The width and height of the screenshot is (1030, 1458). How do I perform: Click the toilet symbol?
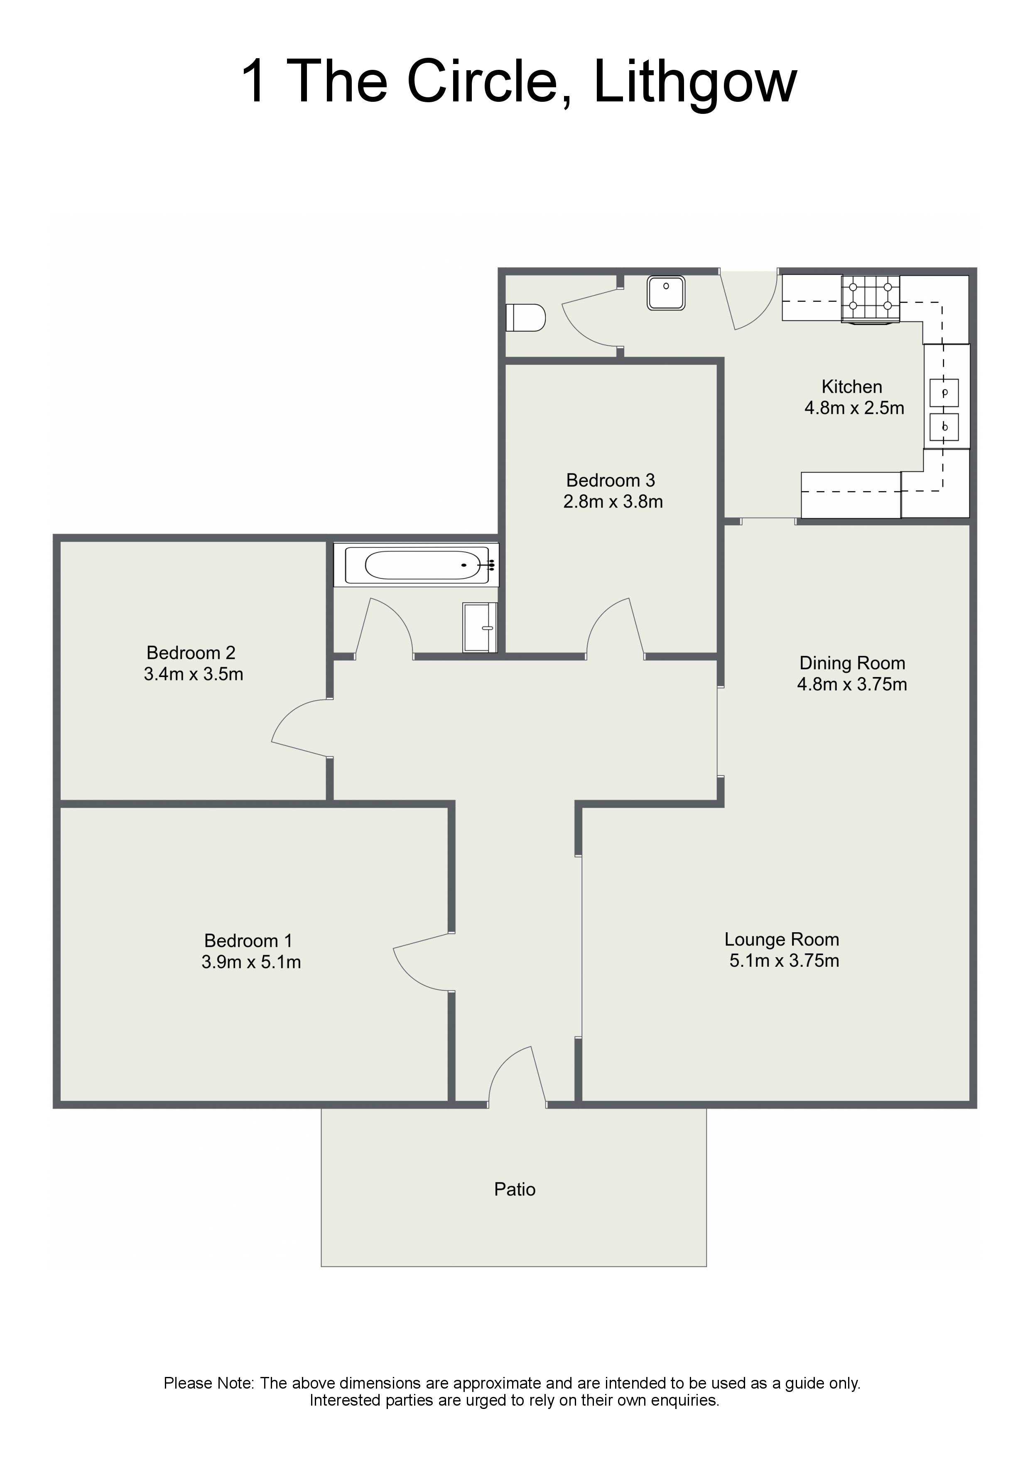[525, 318]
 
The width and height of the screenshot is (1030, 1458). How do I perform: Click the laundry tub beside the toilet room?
[666, 293]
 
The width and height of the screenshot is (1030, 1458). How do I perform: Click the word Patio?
[515, 1190]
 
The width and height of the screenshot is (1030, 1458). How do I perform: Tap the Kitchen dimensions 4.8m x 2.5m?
[854, 408]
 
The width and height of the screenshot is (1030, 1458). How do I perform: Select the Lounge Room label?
[782, 939]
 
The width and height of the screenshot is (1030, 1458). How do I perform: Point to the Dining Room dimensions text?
[852, 684]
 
